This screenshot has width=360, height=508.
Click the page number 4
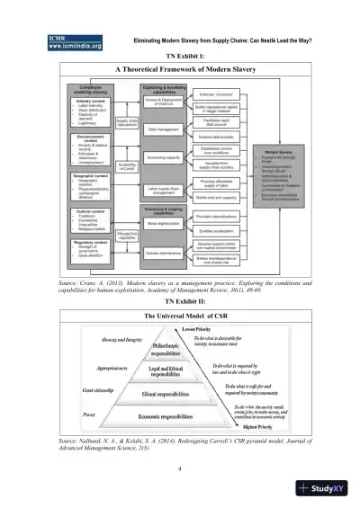[180, 468]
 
